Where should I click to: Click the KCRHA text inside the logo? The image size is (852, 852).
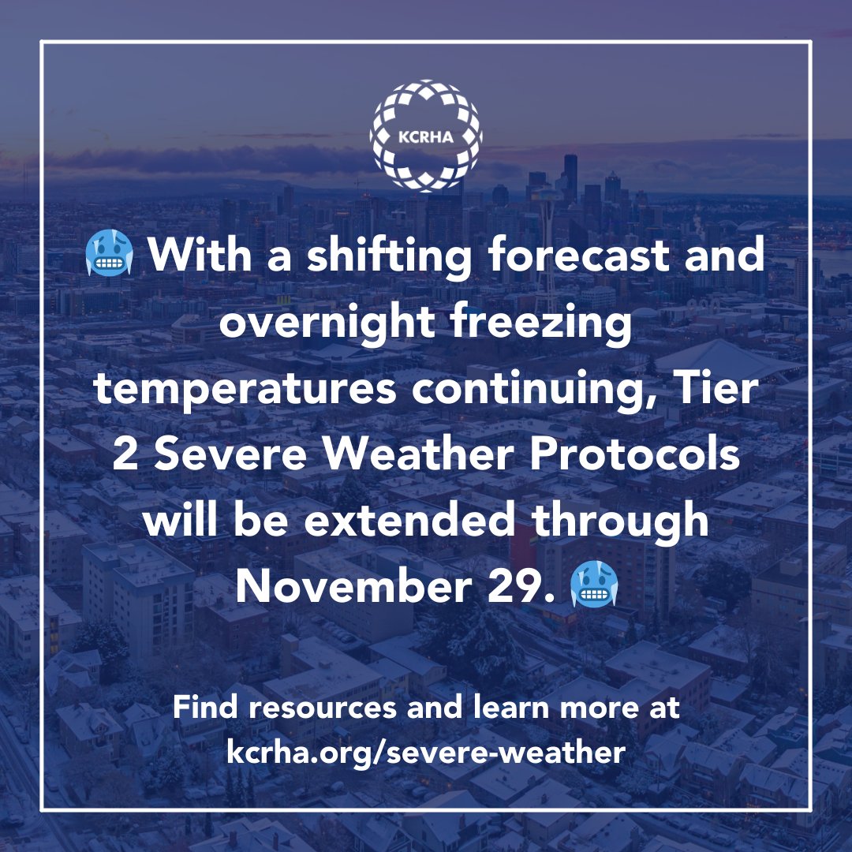pyautogui.click(x=426, y=135)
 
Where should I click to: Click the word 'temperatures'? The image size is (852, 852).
pyautogui.click(x=240, y=390)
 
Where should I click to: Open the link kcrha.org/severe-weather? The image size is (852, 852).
pyautogui.click(x=426, y=752)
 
